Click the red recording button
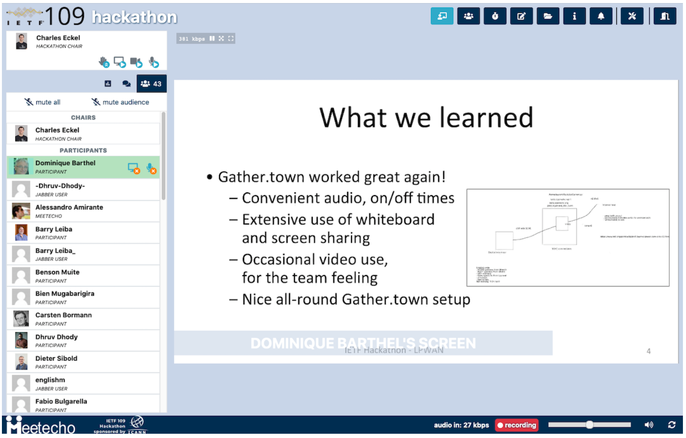[516, 425]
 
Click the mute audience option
[120, 102]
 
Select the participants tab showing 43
[152, 84]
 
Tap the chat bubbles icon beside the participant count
[126, 84]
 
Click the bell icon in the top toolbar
[601, 16]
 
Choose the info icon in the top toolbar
[574, 16]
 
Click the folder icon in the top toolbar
[548, 16]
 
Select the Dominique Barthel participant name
[65, 163]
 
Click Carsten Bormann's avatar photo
[21, 319]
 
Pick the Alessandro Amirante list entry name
[69, 207]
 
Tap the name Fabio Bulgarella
[61, 401]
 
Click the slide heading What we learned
[426, 118]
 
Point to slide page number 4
[648, 351]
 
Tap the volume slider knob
[589, 425]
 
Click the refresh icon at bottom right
[672, 425]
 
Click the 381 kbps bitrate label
[191, 39]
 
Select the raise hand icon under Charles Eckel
[104, 62]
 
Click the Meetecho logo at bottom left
[41, 426]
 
